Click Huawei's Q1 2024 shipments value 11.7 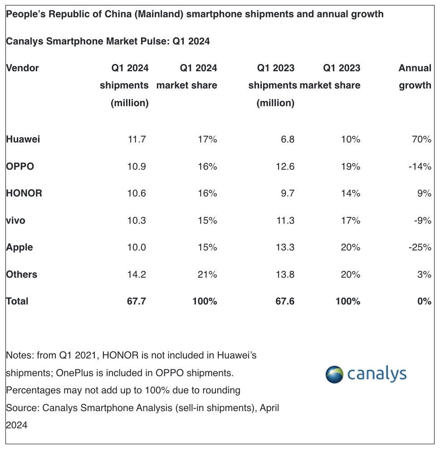[137, 139]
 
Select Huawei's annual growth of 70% [421, 139]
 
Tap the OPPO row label [20, 166]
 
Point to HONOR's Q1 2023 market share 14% [351, 193]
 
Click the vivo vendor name [16, 221]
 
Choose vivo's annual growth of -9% [423, 221]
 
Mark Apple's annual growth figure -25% [420, 247]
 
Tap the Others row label [22, 275]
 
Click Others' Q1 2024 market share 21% [207, 275]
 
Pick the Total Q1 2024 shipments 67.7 [137, 301]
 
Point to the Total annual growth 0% [424, 301]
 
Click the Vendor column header [23, 68]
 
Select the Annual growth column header [415, 76]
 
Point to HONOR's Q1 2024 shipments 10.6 [137, 193]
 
